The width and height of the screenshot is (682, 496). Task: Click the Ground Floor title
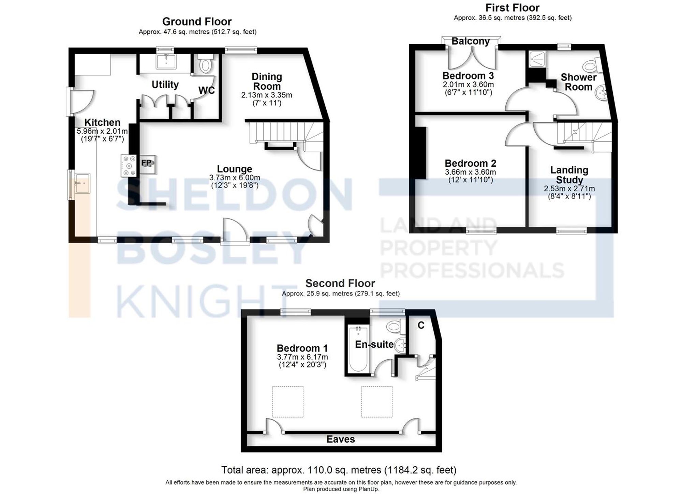pos(197,21)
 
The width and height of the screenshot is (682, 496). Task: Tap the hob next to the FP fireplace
pos(129,166)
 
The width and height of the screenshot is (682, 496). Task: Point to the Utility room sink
pos(166,62)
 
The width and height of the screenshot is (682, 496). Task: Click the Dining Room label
pos(267,81)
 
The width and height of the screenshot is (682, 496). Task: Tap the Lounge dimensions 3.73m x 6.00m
pos(235,178)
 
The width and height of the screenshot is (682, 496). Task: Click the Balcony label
pos(471,41)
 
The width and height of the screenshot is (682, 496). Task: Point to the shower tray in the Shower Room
pos(537,59)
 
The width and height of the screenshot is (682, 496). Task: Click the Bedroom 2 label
pos(470,163)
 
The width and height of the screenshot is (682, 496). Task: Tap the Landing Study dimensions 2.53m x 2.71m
pos(569,189)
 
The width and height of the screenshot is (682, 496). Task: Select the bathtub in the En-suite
pos(358,349)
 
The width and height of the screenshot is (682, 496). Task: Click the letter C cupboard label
pos(421,326)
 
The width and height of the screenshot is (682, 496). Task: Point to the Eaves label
pos(341,439)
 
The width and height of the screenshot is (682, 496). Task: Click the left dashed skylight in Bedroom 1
pos(287,402)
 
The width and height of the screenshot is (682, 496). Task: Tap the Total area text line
pos(339,470)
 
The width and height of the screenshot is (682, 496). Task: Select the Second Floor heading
pos(340,283)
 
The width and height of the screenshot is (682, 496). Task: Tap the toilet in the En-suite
pos(394,327)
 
